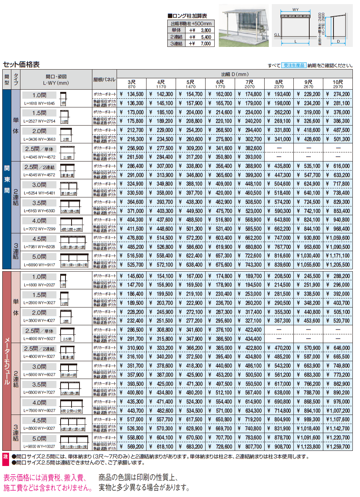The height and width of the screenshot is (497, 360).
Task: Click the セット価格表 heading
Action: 21,65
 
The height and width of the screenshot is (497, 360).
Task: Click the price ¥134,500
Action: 132,94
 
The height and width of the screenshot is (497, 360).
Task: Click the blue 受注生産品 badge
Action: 294,65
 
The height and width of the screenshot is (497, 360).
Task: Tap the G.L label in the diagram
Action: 276,34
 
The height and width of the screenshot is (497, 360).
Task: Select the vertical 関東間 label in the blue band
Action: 7,179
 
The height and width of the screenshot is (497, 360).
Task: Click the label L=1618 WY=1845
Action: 39,103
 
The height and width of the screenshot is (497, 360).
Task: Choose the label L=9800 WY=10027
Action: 39,447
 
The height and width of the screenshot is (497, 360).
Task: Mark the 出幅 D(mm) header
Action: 235,75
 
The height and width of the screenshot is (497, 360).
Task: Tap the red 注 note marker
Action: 6,457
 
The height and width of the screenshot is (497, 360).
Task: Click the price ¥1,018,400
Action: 309,429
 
